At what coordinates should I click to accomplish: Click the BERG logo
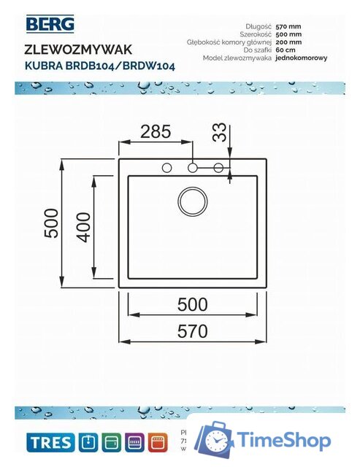coord(50,24)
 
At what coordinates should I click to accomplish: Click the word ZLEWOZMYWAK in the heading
coord(77,50)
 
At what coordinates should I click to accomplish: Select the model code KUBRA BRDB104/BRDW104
coord(100,66)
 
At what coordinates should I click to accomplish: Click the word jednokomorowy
coord(302,58)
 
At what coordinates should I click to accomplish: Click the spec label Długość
coord(259,26)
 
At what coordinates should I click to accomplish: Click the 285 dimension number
coord(155,131)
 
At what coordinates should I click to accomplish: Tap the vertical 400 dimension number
coord(84,227)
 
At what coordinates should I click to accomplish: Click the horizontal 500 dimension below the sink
coord(193,304)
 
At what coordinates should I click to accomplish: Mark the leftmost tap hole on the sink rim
coord(167,168)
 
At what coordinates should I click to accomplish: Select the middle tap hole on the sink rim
coord(193,168)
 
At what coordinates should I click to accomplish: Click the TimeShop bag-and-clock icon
coord(218,441)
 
